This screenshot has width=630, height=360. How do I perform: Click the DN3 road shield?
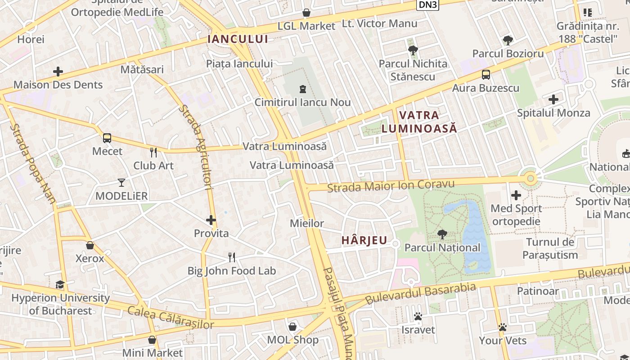427,4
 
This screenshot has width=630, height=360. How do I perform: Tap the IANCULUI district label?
238,39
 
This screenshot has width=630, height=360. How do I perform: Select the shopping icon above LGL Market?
306,13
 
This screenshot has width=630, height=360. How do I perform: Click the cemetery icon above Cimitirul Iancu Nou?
302,89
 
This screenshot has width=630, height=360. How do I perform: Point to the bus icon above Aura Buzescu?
486,75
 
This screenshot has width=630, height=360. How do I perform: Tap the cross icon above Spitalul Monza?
553,99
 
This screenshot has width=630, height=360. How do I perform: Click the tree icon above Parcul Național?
442,234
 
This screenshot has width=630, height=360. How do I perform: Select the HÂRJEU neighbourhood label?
364,240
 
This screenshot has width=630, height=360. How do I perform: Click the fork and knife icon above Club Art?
153,152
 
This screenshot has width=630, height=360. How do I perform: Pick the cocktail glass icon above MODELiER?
121,182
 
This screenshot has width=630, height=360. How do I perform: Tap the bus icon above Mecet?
107,138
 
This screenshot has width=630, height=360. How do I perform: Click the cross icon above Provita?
211,220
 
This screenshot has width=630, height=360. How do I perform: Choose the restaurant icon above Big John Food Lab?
232,257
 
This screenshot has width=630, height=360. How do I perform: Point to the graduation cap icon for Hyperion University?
60,284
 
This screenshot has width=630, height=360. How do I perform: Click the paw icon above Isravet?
418,316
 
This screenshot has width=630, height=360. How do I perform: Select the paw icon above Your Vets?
503,327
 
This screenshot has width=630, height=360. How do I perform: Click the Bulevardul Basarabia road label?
420,293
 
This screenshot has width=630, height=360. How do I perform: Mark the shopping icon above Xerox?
90,245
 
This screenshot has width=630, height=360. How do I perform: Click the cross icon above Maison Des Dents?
58,72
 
